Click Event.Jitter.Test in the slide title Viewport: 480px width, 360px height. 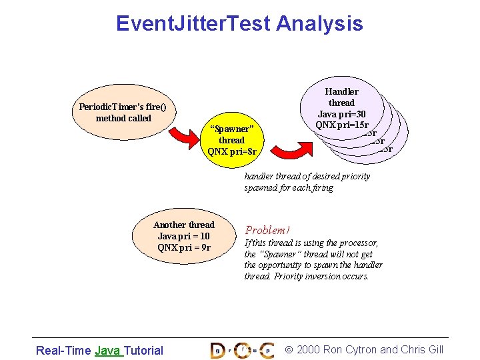(x=193, y=24)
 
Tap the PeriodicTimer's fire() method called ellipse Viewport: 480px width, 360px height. (x=123, y=112)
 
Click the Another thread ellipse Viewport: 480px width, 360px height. (x=183, y=236)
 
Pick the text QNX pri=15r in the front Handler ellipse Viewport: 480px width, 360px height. (x=342, y=125)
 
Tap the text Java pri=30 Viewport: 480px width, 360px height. (x=341, y=114)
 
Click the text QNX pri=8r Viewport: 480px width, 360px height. (x=231, y=151)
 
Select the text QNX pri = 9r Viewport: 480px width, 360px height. (x=184, y=247)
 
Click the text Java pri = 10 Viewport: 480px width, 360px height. (x=183, y=236)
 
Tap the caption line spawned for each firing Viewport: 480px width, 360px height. (x=289, y=188)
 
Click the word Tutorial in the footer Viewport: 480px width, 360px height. (x=143, y=350)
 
